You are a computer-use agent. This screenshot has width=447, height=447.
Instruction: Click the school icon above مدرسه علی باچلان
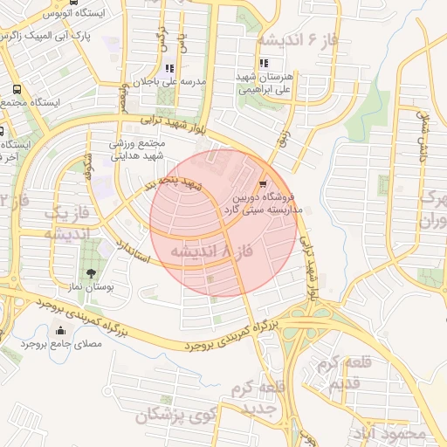point(169,68)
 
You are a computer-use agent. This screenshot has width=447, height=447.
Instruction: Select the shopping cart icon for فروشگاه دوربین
point(263,184)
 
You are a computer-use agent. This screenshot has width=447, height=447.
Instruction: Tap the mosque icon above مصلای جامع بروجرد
point(59,330)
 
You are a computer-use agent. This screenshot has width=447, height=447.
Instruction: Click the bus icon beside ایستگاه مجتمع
point(16,89)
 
